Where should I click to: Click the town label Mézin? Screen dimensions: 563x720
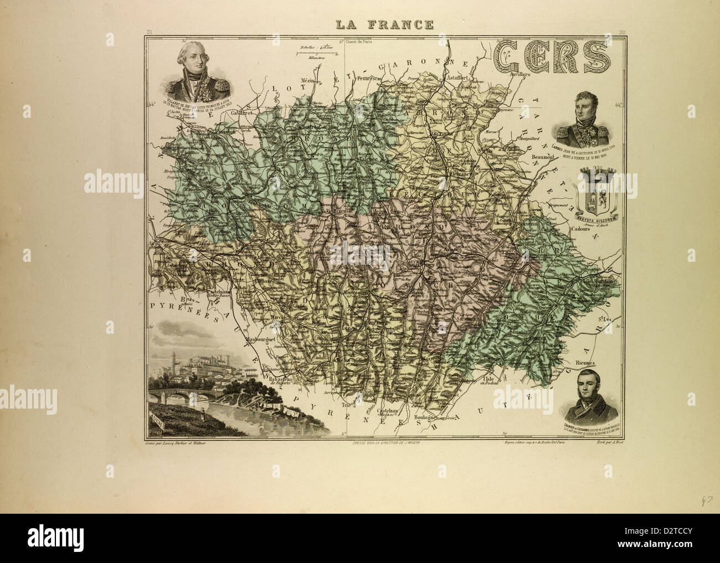coord(307,81)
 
